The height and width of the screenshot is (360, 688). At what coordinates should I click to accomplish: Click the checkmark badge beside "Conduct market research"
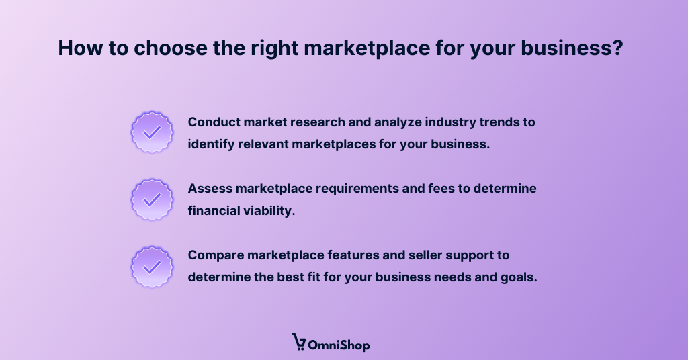[x=152, y=132]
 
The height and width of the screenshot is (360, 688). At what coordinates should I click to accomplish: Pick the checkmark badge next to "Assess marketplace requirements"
[x=152, y=199]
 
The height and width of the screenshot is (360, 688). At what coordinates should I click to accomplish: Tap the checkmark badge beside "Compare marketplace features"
[x=152, y=265]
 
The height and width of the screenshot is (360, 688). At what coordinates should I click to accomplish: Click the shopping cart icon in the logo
[x=299, y=343]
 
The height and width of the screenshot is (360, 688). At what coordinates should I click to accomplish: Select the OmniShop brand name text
[x=339, y=345]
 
